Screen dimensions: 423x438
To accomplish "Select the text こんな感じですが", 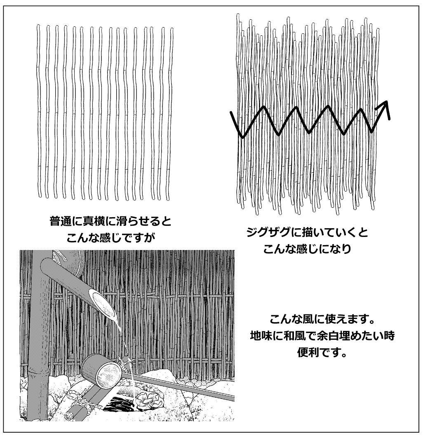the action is pyautogui.click(x=110, y=238).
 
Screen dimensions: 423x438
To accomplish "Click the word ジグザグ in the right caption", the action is pyautogui.click(x=268, y=232).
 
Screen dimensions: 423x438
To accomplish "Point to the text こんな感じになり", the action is pyautogui.click(x=307, y=248).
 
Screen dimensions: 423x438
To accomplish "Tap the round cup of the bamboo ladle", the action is pyautogui.click(x=102, y=370).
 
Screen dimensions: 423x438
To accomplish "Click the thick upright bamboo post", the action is pyautogui.click(x=39, y=335).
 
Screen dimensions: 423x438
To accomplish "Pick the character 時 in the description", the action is pyautogui.click(x=389, y=335).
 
